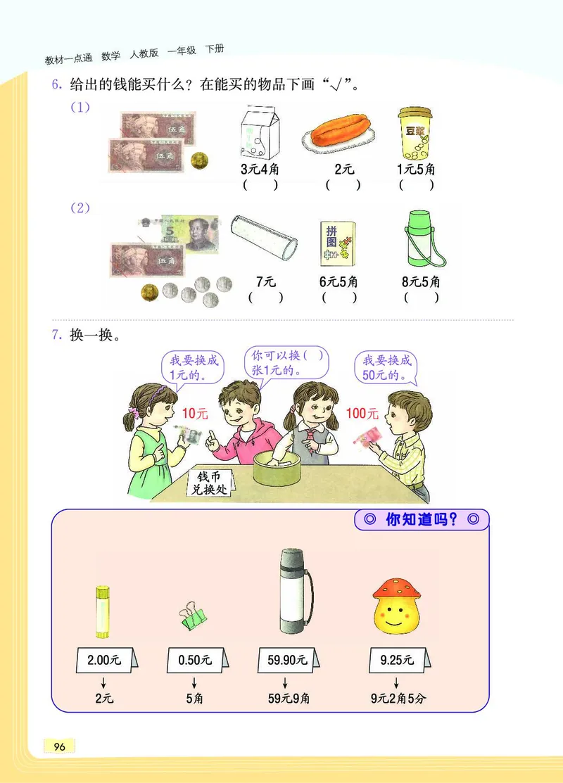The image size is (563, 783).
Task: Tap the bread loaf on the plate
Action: pos(337,134)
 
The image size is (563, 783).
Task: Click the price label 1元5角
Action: pos(416,169)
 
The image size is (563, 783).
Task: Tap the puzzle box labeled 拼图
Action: pos(338,243)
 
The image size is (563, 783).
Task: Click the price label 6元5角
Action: pos(339,281)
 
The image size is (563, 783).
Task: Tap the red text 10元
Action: pos(195,414)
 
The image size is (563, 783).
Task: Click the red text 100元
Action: pos(362,414)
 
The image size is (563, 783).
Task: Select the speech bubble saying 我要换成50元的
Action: pos(386,367)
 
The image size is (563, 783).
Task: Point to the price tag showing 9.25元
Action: pos(396,660)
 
